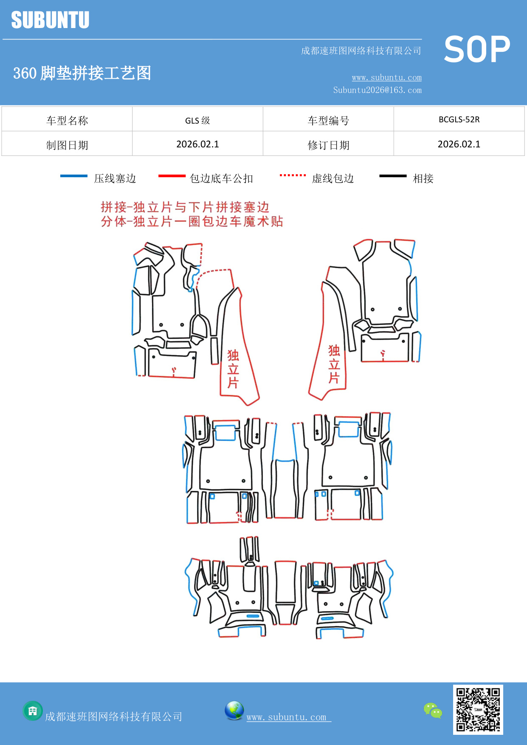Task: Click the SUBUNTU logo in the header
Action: tap(50, 20)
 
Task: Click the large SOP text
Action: tap(477, 49)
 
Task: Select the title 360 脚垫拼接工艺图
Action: tap(82, 73)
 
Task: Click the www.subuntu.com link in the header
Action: tap(386, 77)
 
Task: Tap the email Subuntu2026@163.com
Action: tap(377, 90)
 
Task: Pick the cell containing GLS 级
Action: tap(197, 120)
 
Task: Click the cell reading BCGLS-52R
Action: tap(459, 119)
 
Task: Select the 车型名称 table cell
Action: tap(67, 120)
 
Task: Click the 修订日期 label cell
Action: tap(328, 145)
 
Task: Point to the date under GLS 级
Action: tap(197, 144)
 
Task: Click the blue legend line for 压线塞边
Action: tap(73, 176)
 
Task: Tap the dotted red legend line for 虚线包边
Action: tap(293, 175)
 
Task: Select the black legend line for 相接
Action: tap(393, 176)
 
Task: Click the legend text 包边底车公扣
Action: tap(221, 178)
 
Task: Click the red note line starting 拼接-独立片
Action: tap(185, 207)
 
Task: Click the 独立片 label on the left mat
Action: tap(233, 369)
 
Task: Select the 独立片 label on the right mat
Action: tap(334, 364)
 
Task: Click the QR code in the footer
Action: tap(478, 709)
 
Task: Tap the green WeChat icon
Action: tap(432, 710)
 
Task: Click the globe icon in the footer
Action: tap(234, 711)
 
